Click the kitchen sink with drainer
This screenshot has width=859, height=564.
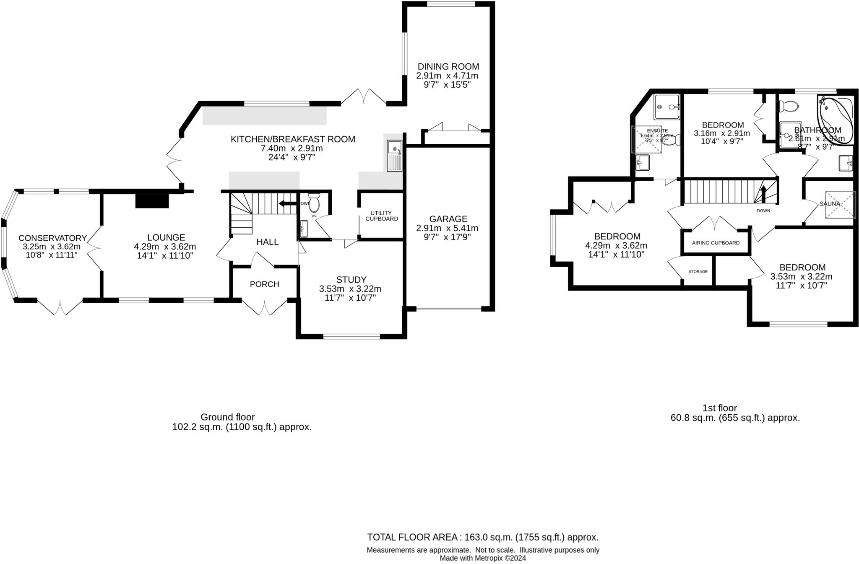tap(394, 156)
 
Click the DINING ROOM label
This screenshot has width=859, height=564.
tap(448, 67)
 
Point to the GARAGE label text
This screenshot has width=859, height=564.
tap(448, 219)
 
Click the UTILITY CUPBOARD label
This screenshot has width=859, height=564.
tap(381, 216)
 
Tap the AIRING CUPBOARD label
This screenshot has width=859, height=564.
tap(716, 243)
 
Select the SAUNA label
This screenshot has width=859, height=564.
tap(829, 204)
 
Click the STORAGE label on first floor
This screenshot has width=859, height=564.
tap(698, 272)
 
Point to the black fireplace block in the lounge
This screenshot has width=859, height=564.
tap(152, 200)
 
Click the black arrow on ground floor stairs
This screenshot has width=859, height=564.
tap(287, 204)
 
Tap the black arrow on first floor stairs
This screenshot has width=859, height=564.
tap(763, 194)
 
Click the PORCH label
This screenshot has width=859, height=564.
tap(264, 284)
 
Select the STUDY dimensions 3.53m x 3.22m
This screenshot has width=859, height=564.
tap(350, 289)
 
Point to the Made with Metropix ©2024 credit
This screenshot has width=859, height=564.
tap(482, 558)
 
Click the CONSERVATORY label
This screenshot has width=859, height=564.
tap(52, 238)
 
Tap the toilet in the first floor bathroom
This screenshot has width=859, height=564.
tap(788, 107)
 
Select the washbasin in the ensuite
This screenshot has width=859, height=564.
tap(642, 162)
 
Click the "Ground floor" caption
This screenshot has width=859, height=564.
tap(227, 417)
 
